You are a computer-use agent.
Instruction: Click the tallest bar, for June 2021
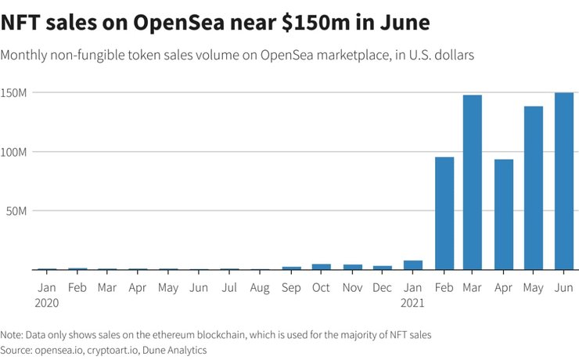563,182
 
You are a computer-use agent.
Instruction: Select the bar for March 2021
472,182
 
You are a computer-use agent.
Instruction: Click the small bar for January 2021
413,265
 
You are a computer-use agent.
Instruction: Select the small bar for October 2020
322,267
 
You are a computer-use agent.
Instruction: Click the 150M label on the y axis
15,93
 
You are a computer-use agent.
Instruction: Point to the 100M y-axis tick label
15,152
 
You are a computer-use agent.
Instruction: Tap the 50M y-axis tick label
18,211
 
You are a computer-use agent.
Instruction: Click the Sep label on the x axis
291,287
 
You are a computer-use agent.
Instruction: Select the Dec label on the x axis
383,287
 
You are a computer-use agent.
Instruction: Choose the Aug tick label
260,287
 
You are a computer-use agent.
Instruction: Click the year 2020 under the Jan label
47,302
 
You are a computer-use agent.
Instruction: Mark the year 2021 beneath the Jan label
413,302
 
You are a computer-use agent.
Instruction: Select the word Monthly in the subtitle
27,56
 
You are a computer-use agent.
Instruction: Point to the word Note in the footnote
13,334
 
